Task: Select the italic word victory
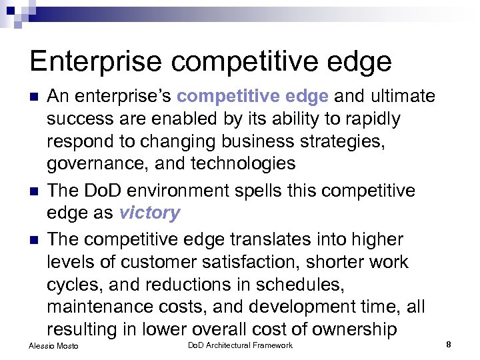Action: tap(149, 213)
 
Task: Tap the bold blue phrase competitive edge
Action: tap(253, 96)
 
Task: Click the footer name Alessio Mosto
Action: tap(53, 346)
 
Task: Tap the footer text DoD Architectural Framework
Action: tap(240, 345)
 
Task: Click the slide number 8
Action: tap(449, 345)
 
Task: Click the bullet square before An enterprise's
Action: tap(35, 97)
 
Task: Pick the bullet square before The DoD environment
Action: tap(35, 191)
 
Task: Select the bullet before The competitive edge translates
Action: tap(35, 239)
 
